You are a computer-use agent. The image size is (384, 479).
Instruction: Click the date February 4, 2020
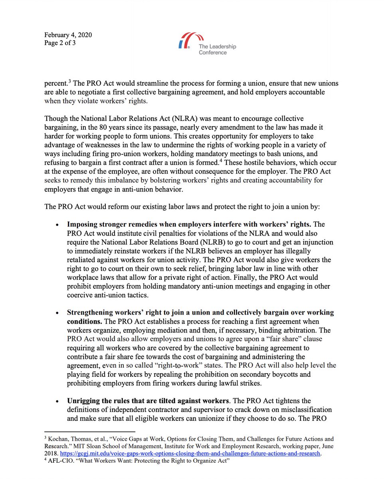point(68,35)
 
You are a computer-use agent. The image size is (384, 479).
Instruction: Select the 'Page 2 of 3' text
point(60,43)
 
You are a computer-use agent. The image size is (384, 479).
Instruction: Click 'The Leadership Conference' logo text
point(217,49)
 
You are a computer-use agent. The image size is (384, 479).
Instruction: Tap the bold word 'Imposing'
point(81,225)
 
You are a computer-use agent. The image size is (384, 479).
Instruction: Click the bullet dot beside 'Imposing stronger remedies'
point(58,225)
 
